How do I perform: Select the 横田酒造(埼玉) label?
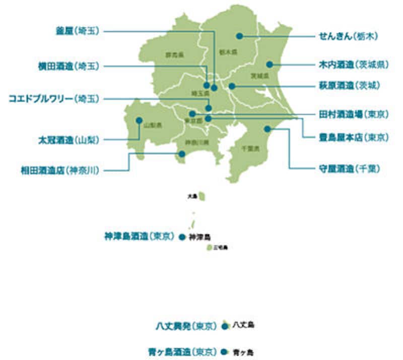tap(70, 66)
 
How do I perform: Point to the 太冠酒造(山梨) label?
tap(70, 139)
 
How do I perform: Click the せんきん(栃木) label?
tap(347, 36)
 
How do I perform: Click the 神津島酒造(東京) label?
tap(139, 236)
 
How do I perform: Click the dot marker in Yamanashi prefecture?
tap(139, 121)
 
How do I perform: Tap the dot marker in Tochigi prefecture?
tap(240, 36)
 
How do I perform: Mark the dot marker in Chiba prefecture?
tap(268, 129)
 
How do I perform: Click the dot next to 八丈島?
tap(224, 327)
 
